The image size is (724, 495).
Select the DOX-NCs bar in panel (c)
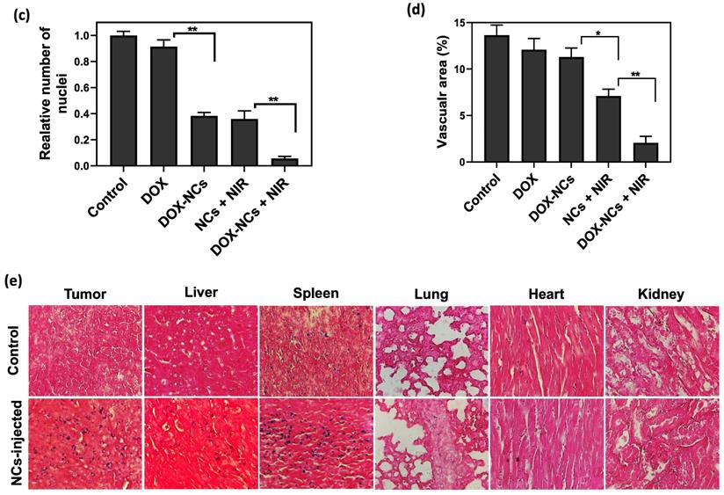[x=205, y=141]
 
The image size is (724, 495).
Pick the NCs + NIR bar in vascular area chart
[x=608, y=129]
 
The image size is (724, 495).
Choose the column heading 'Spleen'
[x=316, y=292]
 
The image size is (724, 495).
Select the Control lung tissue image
[x=431, y=349]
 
